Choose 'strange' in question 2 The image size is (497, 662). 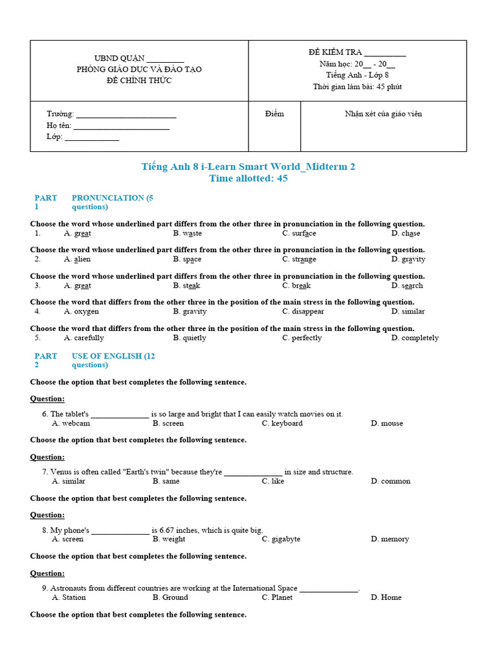304,259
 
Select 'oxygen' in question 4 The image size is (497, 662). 86,312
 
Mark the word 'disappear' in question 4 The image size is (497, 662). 307,312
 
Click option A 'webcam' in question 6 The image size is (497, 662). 76,423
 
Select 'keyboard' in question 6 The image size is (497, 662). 287,423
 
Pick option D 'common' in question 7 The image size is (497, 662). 395,481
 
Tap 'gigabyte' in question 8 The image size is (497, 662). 285,539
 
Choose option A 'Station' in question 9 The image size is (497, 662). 73,597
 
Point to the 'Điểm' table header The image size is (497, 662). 274,114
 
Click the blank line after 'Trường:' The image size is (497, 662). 126,115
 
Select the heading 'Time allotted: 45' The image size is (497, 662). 248,179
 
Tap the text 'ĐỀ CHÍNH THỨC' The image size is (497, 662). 139,81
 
